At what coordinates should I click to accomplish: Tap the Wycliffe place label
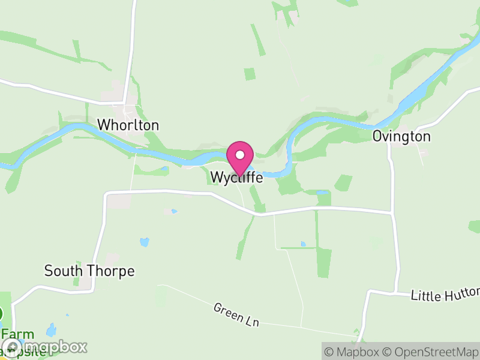click(236, 178)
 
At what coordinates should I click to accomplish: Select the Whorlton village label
click(128, 125)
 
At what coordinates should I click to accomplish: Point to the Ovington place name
click(401, 136)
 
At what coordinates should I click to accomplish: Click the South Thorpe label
click(89, 271)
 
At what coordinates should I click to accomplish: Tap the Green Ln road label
click(236, 314)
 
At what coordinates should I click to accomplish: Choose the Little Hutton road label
click(445, 295)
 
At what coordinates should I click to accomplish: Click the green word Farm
click(16, 334)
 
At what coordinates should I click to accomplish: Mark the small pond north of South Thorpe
click(144, 242)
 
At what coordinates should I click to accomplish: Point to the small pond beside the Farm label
click(52, 330)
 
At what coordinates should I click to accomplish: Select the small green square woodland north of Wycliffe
click(250, 74)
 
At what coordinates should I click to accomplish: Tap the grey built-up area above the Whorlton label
click(113, 95)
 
